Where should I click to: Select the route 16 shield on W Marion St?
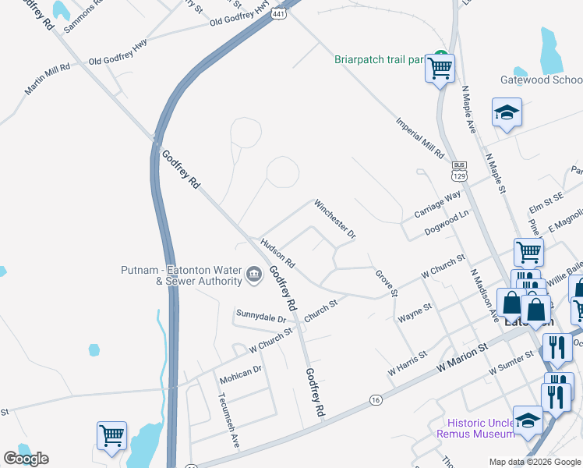[376, 400]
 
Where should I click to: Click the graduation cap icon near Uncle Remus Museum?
[528, 421]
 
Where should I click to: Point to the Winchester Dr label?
[335, 219]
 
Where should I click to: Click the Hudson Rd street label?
[277, 253]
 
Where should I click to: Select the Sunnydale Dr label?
[261, 317]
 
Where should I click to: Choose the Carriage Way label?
[438, 206]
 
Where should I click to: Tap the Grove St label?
[387, 283]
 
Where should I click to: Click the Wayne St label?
[415, 314]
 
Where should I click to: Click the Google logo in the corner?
[26, 459]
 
